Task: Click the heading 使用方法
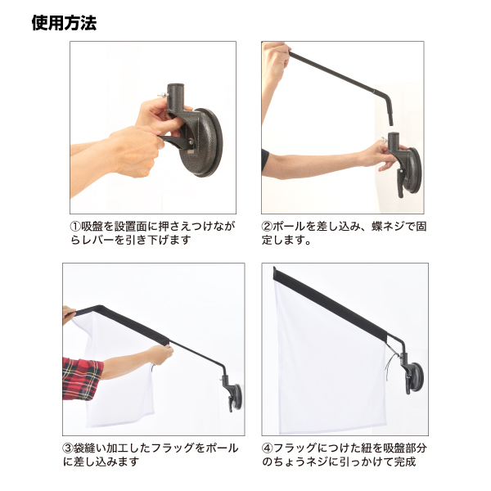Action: pos(64,23)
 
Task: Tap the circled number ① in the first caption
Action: pos(75,227)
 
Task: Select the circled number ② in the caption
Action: pos(267,227)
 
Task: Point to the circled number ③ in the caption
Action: pos(68,448)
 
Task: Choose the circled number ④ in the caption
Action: pos(267,448)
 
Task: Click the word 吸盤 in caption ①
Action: pos(92,227)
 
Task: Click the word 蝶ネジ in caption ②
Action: pos(388,227)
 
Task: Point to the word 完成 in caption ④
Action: pos(405,462)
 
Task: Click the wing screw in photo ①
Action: pos(163,95)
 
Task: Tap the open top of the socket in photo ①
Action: pos(175,85)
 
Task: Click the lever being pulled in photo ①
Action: pos(176,142)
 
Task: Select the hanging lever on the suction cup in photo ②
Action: pos(401,182)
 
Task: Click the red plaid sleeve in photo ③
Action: pos(83,378)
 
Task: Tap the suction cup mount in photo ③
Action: pos(233,394)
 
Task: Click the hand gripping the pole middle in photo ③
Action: pos(160,354)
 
